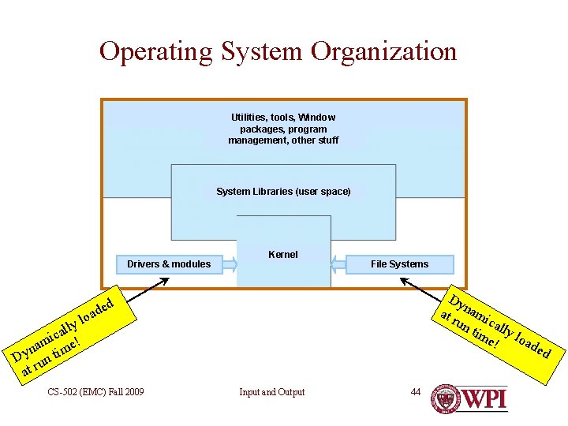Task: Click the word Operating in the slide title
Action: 156,52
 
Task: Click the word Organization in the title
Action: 384,52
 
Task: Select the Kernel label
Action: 283,254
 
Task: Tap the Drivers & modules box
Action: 169,263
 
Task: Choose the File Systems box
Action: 399,263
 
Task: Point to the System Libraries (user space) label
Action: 283,191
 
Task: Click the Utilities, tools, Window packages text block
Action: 283,129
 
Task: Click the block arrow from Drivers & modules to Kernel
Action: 230,263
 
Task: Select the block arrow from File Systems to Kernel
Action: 338,263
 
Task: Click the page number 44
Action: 416,391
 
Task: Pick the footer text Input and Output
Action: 272,392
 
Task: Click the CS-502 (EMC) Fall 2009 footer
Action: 95,391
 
